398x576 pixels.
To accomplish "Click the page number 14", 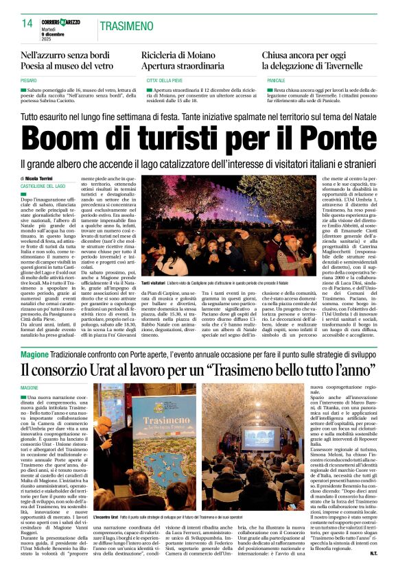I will click(27, 25).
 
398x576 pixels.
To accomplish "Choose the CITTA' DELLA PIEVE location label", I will click(163, 80).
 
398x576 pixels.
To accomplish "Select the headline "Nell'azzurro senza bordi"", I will click(66, 55).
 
